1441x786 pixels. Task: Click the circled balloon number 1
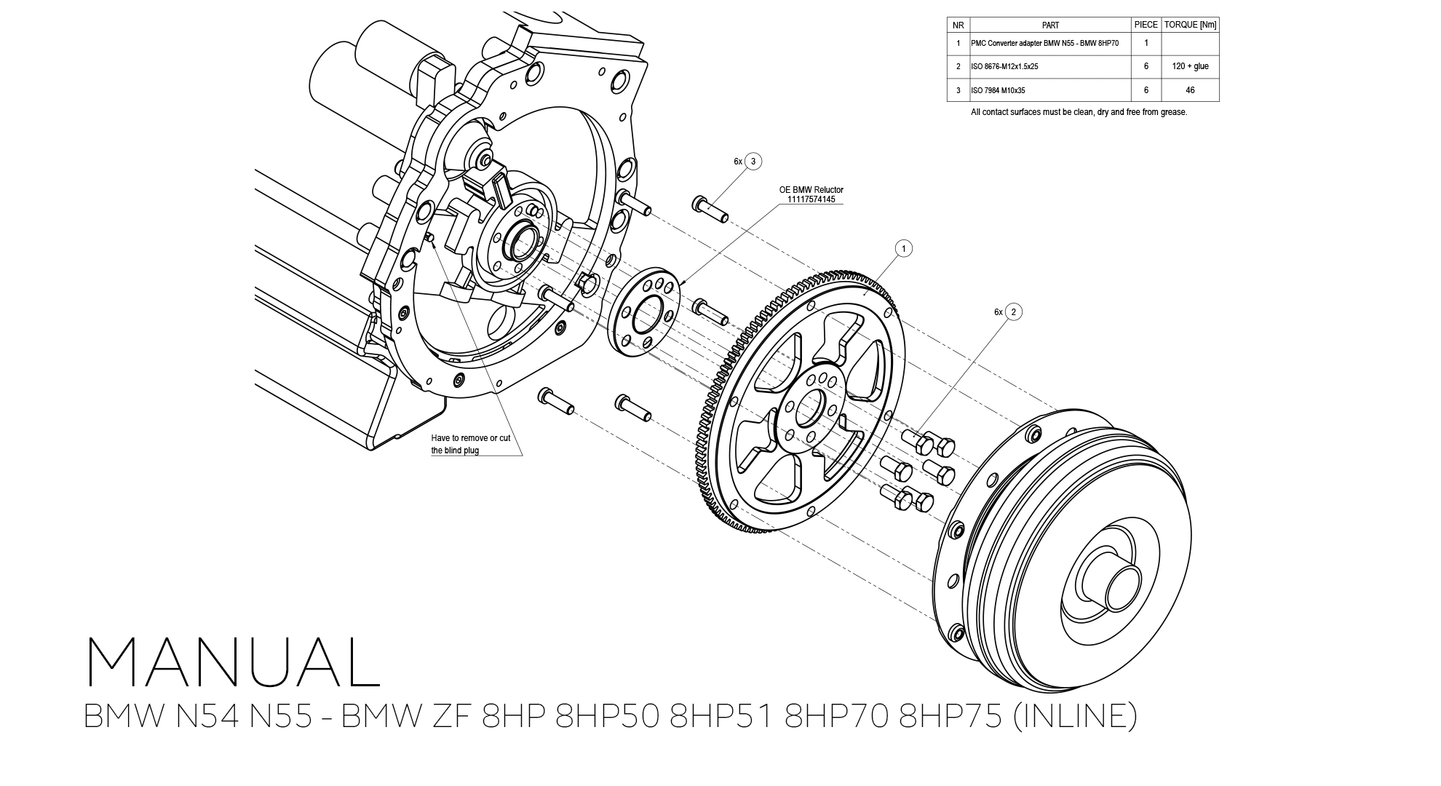click(x=903, y=249)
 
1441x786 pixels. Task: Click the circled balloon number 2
click(x=1012, y=312)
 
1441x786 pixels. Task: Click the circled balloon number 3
click(x=753, y=162)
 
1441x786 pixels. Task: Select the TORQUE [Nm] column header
click(x=1190, y=25)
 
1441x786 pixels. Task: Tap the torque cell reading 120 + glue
click(x=1190, y=66)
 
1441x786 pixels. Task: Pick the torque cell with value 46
click(x=1190, y=90)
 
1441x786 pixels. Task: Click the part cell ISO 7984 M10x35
click(x=998, y=91)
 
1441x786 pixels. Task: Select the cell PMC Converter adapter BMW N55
click(x=1044, y=43)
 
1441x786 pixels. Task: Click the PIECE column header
click(x=1146, y=25)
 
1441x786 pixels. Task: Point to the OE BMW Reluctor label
click(x=811, y=190)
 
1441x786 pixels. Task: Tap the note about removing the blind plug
click(x=470, y=444)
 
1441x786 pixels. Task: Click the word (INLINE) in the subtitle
click(x=1074, y=716)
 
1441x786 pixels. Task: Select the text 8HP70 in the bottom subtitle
click(x=838, y=716)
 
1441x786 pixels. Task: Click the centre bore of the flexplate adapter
click(x=809, y=409)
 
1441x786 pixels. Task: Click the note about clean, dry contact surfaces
click(x=1079, y=112)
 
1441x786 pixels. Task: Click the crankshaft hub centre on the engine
click(x=523, y=242)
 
